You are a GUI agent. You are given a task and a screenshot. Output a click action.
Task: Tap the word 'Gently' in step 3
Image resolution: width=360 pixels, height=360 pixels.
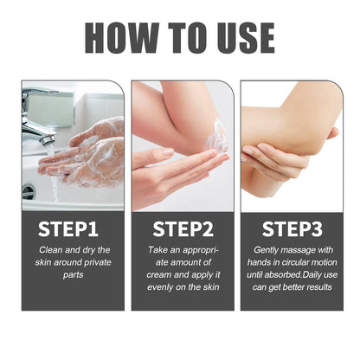click(267, 249)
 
